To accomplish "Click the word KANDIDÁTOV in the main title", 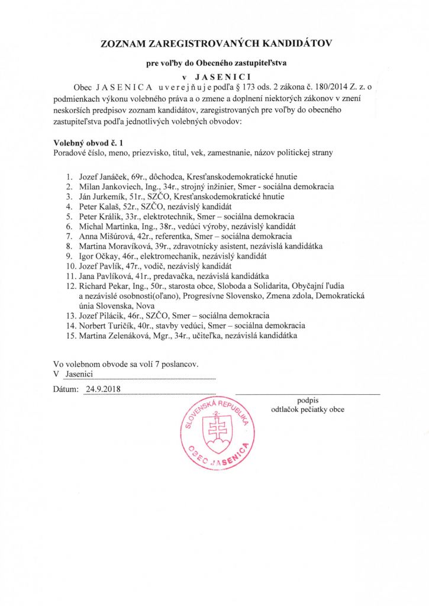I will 287,43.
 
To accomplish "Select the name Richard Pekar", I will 102,286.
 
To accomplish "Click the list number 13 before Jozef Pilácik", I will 70,315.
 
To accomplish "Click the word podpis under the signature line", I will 308,400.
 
